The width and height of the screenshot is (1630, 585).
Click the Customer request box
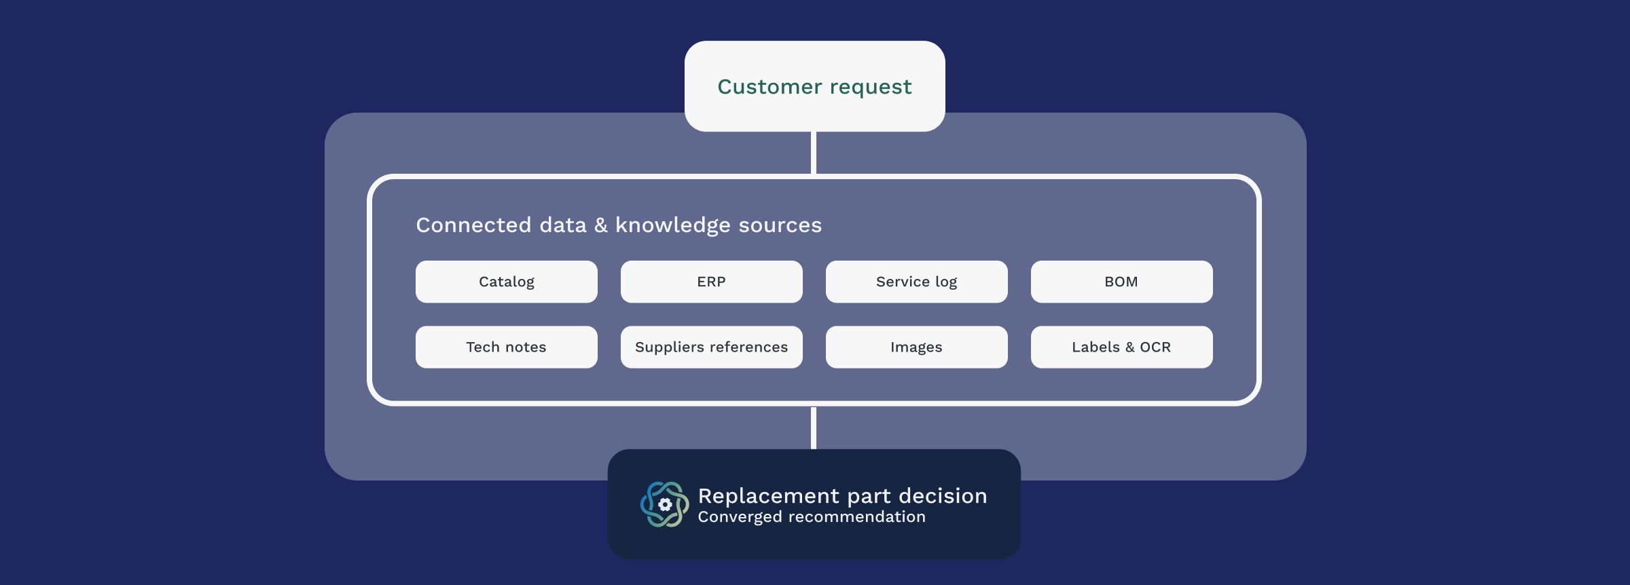tap(814, 86)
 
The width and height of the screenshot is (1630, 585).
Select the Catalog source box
tap(507, 282)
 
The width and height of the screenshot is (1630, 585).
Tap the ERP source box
tap(712, 282)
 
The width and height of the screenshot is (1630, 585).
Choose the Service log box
tap(917, 282)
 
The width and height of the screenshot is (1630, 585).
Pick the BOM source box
tap(1122, 282)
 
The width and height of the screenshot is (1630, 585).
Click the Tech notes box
tap(507, 347)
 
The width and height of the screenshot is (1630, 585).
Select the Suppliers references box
tap(712, 347)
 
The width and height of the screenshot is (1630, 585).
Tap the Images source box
tap(917, 347)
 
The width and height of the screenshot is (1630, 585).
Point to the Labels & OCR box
tap(1122, 347)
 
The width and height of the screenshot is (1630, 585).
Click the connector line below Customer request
tap(814, 153)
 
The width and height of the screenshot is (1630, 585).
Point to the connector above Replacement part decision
tap(814, 428)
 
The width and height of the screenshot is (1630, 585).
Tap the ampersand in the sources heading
tap(601, 225)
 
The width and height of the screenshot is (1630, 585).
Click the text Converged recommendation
tap(812, 517)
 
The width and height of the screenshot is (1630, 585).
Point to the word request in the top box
tap(871, 88)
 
